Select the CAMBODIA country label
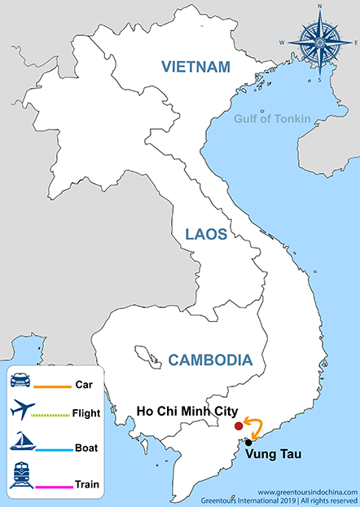pos(210,359)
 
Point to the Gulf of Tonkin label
pos(272,119)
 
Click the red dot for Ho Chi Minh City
pos(238,425)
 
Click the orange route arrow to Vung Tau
pos(255,430)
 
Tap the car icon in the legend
pos(21,380)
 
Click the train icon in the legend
pos(21,475)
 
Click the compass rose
pos(321,42)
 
